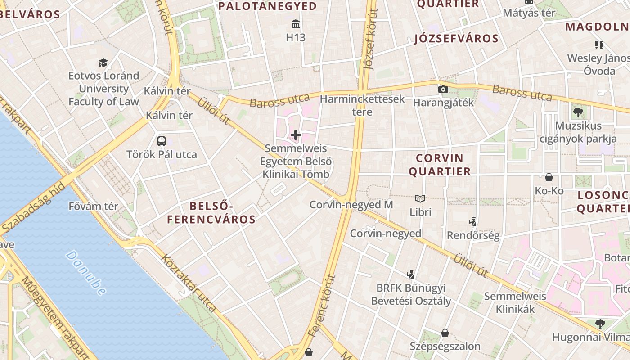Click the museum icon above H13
tap(296, 24)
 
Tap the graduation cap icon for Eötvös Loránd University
tap(103, 63)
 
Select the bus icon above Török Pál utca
tap(162, 141)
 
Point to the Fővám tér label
tap(93, 207)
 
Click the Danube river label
tap(85, 273)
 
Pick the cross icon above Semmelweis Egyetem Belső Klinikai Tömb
tap(296, 135)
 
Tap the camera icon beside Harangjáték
tap(443, 89)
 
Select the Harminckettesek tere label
tap(362, 105)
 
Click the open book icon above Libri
tap(420, 198)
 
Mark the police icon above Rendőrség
tap(472, 221)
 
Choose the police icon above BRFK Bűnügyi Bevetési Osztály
tap(410, 274)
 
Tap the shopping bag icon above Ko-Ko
tap(549, 177)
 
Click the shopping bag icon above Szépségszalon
tap(445, 333)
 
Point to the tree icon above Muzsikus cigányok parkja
tap(578, 112)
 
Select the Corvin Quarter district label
tap(443, 165)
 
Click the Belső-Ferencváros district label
tap(211, 213)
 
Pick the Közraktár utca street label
tap(189, 283)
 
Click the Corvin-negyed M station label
tap(351, 205)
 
